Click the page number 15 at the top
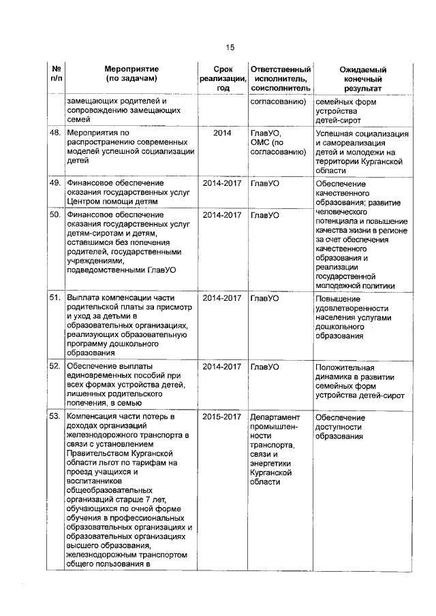230,47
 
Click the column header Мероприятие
131,69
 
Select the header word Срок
222,69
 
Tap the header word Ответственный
280,69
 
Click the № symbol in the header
57,69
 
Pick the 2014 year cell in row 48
222,133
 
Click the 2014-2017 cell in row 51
222,298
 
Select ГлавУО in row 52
265,367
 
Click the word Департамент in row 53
275,417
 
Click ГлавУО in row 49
265,184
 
